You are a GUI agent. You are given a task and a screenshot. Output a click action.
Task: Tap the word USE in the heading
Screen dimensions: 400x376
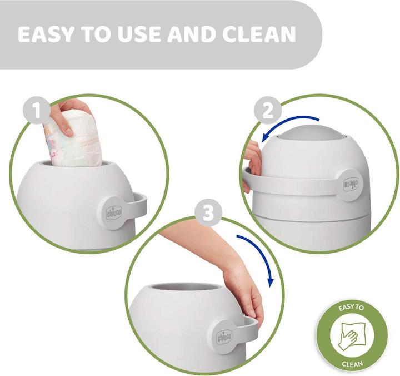click(x=139, y=34)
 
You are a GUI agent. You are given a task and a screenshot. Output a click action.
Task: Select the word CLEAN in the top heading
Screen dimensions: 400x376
click(x=259, y=34)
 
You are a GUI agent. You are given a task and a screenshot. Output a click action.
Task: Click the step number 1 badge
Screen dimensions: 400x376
click(x=37, y=110)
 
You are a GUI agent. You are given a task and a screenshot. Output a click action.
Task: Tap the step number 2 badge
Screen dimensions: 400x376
click(x=268, y=110)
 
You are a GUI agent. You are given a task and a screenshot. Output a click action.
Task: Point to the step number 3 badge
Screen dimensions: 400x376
click(x=208, y=212)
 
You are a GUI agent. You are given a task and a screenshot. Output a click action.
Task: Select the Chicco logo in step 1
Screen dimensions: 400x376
click(x=114, y=212)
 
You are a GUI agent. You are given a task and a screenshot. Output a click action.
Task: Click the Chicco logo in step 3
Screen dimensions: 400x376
click(x=224, y=337)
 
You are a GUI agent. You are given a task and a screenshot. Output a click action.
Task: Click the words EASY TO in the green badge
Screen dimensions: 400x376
click(x=351, y=307)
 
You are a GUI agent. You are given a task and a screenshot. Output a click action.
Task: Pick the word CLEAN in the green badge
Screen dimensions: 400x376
click(x=352, y=363)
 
